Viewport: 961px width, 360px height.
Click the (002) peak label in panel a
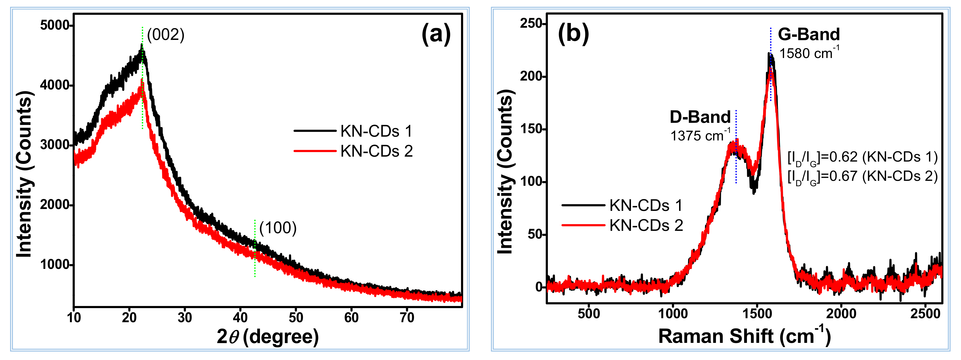[166, 35]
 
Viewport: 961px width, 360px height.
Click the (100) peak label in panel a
[278, 228]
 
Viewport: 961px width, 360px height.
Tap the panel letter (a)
[436, 34]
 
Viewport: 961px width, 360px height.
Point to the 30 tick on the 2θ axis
[185, 318]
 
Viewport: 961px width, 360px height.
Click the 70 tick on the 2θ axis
[407, 318]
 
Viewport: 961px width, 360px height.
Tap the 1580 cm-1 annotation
[809, 53]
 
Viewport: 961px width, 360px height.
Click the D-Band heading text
[700, 117]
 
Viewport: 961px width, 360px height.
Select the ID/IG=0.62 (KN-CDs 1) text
[862, 157]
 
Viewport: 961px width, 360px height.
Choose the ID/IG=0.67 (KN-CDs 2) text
[862, 176]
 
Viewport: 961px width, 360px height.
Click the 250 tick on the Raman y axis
[532, 23]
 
